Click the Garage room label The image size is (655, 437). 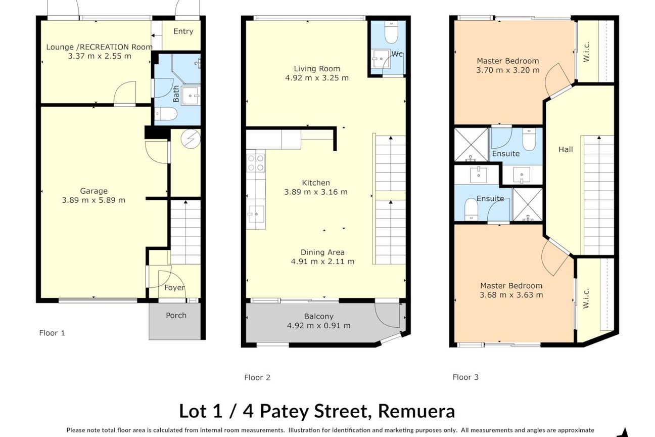pos(93,191)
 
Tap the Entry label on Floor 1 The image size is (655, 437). pos(183,31)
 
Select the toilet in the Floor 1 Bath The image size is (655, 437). pos(166,114)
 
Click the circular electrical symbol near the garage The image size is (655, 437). pos(191,139)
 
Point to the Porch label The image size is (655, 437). pos(176,315)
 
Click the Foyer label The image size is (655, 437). pos(174,288)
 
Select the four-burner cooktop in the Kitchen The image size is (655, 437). pos(256,163)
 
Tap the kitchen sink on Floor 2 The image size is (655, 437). pos(256,214)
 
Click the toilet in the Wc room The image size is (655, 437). pos(391,32)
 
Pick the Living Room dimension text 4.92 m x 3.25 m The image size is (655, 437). pos(317,78)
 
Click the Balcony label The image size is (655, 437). pos(319,316)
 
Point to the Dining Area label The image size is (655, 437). pos(322,252)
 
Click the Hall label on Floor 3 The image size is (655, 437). pos(566,150)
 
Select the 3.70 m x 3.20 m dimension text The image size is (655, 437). pos(508,70)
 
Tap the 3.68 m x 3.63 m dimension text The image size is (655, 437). pos(511,295)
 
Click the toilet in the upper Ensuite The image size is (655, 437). pos(529,139)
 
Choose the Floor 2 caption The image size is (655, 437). pos(257,378)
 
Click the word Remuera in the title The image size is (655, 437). pos(416,411)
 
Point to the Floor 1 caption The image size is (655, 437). pos(52,333)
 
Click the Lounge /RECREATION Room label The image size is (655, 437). pos(100,47)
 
